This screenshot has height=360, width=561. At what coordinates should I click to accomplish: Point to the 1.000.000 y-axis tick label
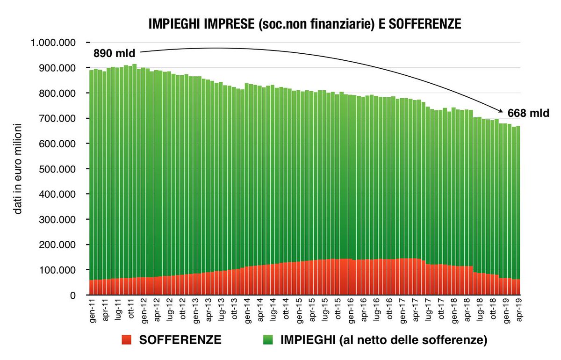pos(52,43)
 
